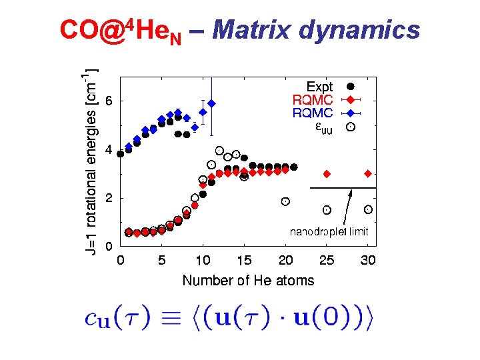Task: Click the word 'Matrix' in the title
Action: (x=253, y=30)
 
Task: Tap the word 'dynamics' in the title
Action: (x=360, y=30)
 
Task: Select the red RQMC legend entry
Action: (x=313, y=100)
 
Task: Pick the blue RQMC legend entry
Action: (x=313, y=113)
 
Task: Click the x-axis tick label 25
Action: (x=327, y=260)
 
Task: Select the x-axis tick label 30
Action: (x=369, y=260)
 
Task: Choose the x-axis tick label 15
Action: (x=245, y=260)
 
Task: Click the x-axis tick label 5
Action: (x=162, y=260)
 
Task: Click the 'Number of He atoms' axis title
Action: (x=248, y=280)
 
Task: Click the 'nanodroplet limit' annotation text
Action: (x=329, y=232)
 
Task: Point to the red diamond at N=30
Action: (x=368, y=173)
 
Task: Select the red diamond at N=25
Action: (x=327, y=173)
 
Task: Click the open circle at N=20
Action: (x=285, y=201)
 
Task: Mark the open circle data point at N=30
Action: (x=368, y=209)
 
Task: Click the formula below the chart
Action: (x=230, y=319)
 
